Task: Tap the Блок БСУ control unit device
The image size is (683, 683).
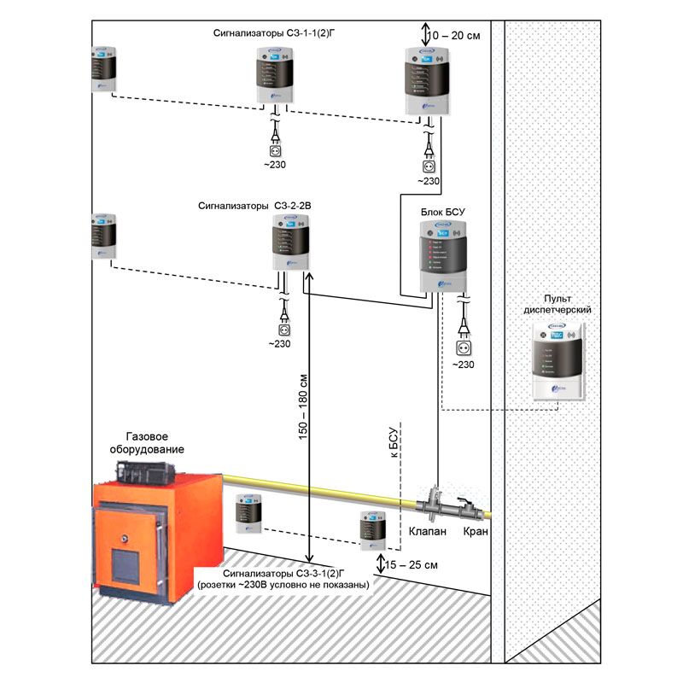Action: pos(443,256)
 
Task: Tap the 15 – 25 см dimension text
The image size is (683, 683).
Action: pos(410,565)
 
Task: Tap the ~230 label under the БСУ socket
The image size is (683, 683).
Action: pos(463,365)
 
